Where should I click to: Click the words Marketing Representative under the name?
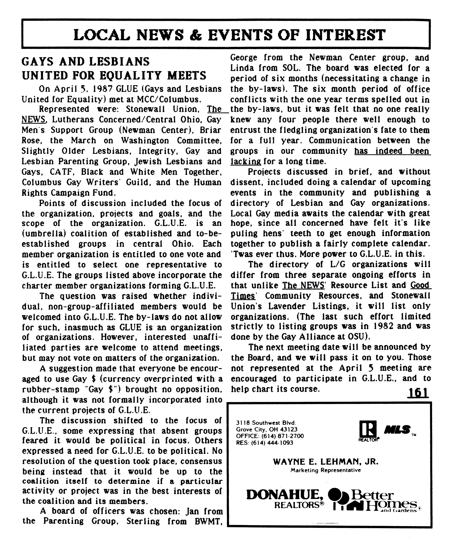[x=326, y=470]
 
